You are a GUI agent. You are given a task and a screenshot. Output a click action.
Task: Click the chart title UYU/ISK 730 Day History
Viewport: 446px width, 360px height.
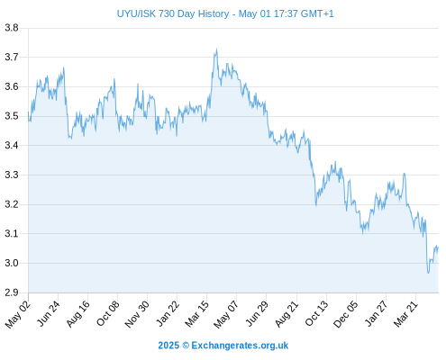173,13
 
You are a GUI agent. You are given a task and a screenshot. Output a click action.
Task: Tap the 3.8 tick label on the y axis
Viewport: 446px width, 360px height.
12,28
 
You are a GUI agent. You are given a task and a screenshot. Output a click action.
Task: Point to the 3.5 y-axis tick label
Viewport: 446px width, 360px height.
12,116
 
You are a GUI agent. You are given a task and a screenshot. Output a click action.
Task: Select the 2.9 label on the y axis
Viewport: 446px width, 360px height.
12,292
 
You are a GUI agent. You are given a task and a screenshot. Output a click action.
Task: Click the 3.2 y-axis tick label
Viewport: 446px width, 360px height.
12,204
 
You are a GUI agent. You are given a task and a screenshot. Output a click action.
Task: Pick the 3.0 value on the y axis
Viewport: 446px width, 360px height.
12,263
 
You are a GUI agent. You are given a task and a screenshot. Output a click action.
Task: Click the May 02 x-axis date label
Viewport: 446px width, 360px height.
18,314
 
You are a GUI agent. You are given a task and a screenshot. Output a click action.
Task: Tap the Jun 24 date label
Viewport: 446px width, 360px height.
48,313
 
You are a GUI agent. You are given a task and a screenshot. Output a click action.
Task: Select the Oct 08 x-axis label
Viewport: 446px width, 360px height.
107,313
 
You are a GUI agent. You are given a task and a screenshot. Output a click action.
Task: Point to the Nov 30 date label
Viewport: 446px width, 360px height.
137,314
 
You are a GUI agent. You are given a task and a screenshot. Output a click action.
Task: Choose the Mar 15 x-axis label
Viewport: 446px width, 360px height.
196,314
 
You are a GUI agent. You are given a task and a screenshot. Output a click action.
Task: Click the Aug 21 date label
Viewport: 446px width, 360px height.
287,314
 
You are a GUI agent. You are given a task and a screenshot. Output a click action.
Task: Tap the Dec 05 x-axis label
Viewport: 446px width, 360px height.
346,314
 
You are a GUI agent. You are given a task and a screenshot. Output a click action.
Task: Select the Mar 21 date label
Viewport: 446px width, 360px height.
405,314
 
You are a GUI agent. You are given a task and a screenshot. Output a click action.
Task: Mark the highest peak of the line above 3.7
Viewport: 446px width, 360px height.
216,49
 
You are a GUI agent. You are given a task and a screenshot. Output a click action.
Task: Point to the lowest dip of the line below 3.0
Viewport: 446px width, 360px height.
428,273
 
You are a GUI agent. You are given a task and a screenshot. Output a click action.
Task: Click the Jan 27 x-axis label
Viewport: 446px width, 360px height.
376,314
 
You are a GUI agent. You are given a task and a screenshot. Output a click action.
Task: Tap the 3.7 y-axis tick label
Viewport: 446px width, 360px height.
12,57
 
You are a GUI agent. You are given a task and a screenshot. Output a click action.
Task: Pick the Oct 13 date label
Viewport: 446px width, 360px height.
316,314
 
